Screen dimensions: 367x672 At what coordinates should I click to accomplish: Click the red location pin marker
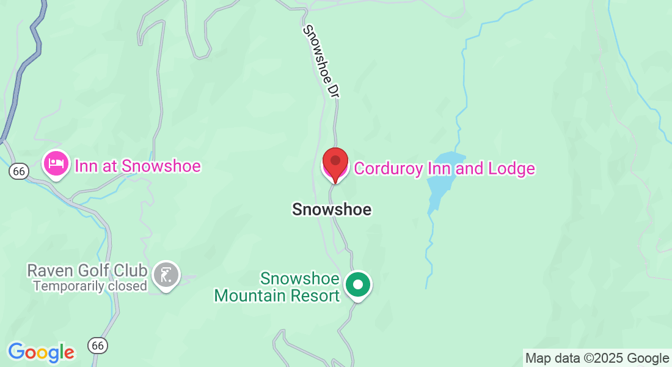(x=335, y=163)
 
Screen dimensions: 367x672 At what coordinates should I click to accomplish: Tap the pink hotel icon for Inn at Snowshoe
(x=56, y=164)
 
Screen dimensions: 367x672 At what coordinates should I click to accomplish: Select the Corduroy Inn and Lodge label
(x=444, y=168)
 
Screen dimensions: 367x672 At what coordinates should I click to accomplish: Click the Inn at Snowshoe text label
(x=137, y=166)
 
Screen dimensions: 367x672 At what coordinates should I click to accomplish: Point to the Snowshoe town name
(x=332, y=209)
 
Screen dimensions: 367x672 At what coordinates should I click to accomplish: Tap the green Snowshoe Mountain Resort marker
(x=358, y=285)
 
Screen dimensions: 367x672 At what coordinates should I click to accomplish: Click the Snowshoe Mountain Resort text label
(x=277, y=287)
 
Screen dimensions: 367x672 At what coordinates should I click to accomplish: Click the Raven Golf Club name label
(x=87, y=271)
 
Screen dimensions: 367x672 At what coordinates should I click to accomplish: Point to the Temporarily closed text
(x=90, y=286)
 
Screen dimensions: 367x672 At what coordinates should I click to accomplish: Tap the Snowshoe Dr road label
(x=321, y=61)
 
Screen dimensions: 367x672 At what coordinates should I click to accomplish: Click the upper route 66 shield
(x=19, y=172)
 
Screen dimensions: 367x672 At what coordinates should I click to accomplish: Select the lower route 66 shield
(x=97, y=346)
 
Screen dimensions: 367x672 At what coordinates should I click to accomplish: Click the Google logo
(x=42, y=352)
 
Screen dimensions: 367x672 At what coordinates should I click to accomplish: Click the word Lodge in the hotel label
(x=513, y=168)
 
